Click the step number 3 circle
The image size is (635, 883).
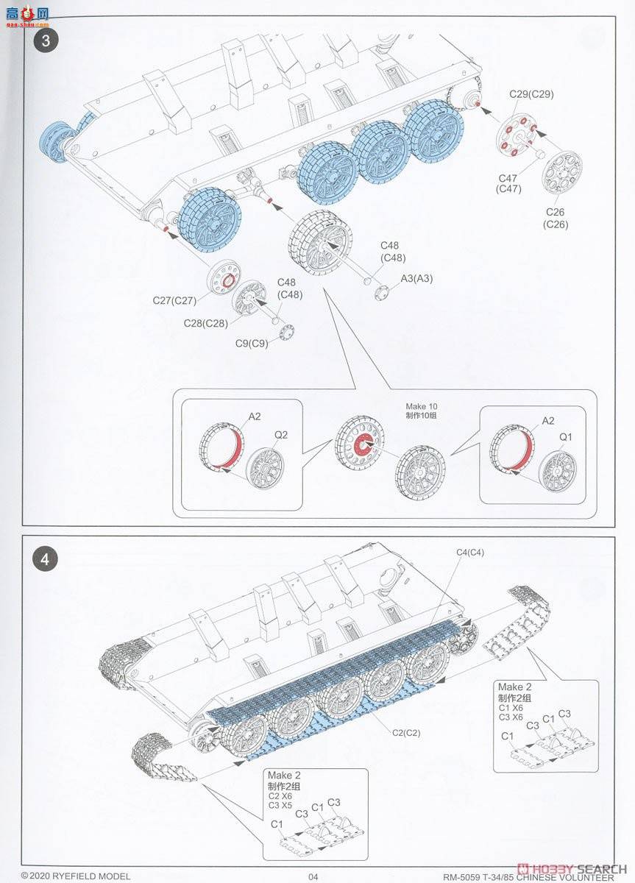(46, 40)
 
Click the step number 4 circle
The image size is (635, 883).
(46, 558)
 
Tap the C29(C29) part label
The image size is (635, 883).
(531, 94)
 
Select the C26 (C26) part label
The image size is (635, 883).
(556, 218)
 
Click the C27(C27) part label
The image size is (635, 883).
(174, 300)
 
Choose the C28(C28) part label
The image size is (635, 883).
(206, 323)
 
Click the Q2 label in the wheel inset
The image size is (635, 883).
(281, 434)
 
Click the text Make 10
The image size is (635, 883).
(421, 406)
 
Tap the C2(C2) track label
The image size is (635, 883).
(406, 732)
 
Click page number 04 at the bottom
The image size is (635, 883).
(313, 876)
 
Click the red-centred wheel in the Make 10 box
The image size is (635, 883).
(361, 444)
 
